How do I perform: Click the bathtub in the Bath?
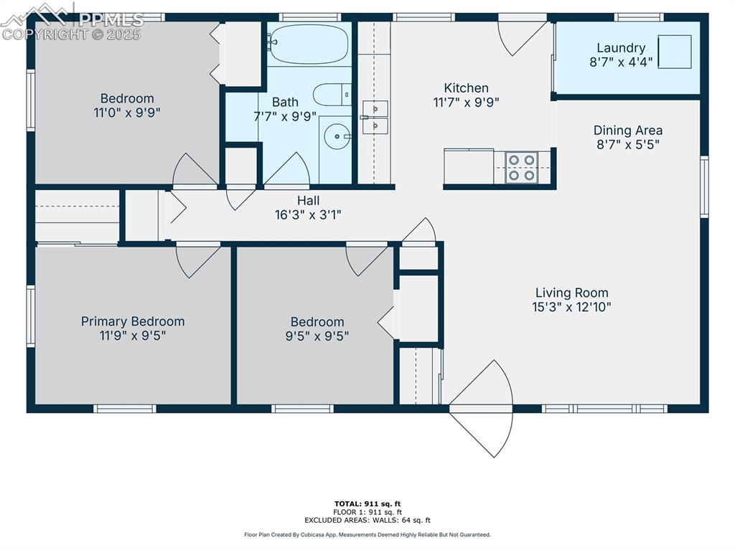pos(309,44)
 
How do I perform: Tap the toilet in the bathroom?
pos(332,95)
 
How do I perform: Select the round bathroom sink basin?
pos(337,136)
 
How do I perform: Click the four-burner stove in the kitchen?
pos(522,168)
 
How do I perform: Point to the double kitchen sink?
pos(375,117)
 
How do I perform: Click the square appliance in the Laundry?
pos(675,52)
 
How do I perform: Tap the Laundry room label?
pos(621,48)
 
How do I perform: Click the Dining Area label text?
pos(627,131)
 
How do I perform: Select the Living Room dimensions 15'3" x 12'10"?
pos(571,307)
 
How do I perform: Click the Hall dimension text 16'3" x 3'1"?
pos(308,214)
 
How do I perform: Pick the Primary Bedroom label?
pos(133,321)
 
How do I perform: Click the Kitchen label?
pos(466,87)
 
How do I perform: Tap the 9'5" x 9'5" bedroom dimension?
pos(317,336)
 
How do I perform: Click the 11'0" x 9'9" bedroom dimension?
pos(127,113)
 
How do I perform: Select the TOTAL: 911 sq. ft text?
pos(367,504)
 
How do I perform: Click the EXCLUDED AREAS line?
pos(367,520)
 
